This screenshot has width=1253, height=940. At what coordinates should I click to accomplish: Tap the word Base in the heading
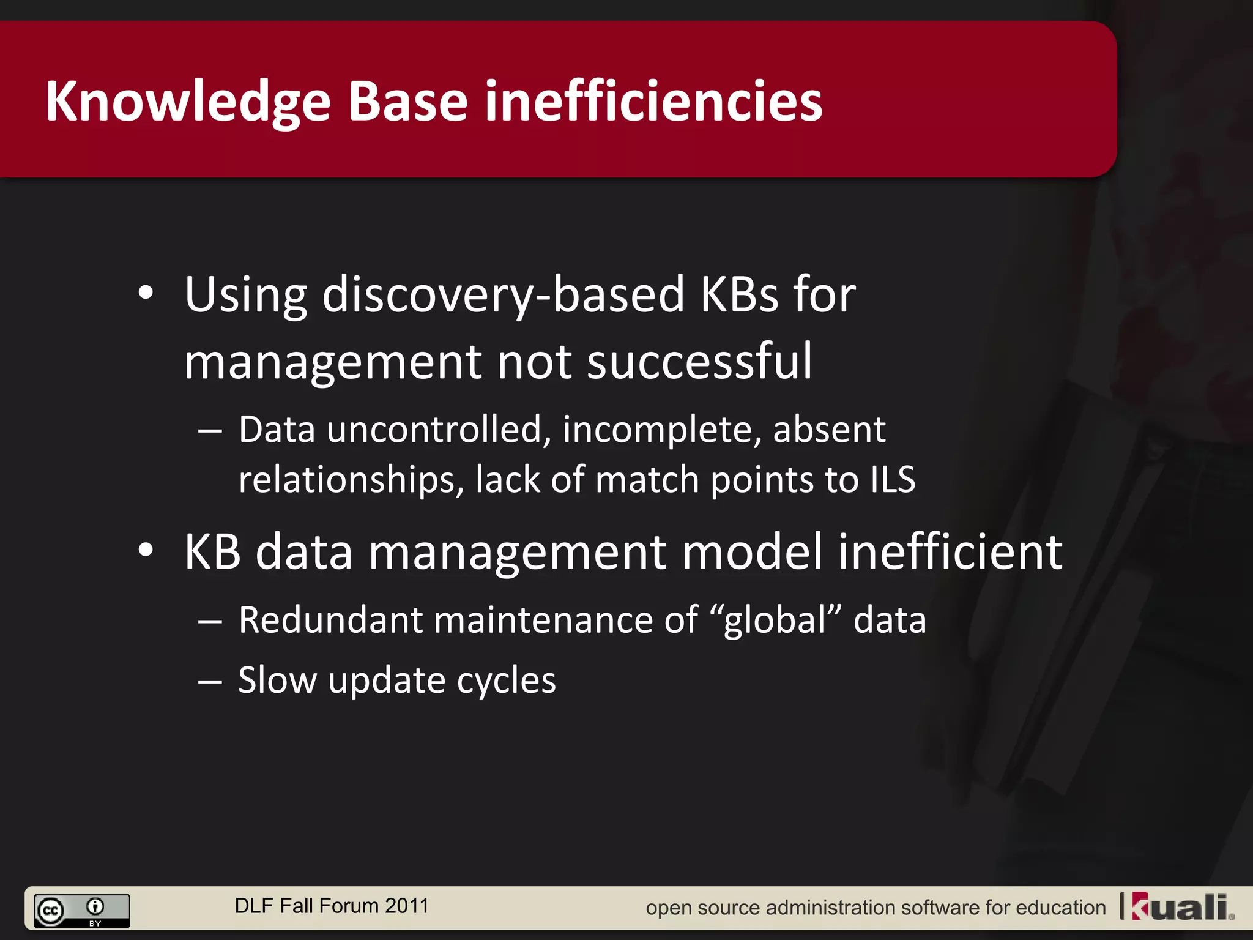click(x=407, y=102)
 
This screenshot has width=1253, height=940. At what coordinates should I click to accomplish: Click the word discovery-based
click(x=502, y=295)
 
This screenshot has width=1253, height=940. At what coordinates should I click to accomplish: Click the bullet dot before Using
click(x=146, y=293)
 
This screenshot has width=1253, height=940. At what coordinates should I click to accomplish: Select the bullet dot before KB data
click(x=146, y=550)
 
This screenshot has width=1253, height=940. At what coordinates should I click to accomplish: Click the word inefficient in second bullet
click(x=950, y=551)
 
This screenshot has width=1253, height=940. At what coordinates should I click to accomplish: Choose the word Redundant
click(x=330, y=620)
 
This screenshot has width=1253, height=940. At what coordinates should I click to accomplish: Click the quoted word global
click(x=776, y=620)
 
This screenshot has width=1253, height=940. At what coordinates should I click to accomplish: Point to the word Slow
click(x=277, y=680)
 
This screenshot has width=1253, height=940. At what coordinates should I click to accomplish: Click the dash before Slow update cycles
click(x=210, y=681)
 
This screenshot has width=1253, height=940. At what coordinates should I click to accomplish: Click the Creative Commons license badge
click(x=82, y=911)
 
